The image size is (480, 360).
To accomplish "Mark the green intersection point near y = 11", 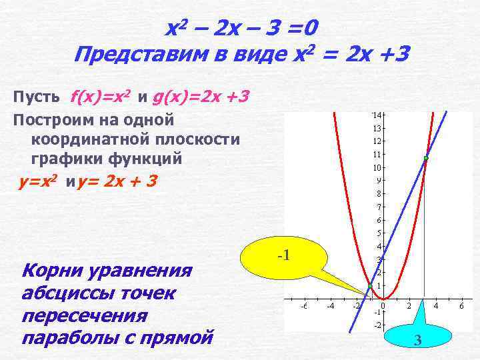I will pos(425,158).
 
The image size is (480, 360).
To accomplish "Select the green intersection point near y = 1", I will pos(370,287).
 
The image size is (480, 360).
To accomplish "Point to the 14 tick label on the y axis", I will pos(377,115).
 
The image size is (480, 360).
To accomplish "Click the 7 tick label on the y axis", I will pos(379,207).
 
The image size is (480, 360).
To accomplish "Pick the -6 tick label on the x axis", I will pos(304,306).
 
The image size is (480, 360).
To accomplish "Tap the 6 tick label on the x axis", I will pos(461,306).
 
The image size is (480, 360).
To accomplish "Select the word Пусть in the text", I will pos(37,98).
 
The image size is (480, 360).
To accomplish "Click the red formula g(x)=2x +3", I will pos(201,98).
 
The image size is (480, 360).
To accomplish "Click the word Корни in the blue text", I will pos(53,272).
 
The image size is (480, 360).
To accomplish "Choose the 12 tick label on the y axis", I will pos(377,141).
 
